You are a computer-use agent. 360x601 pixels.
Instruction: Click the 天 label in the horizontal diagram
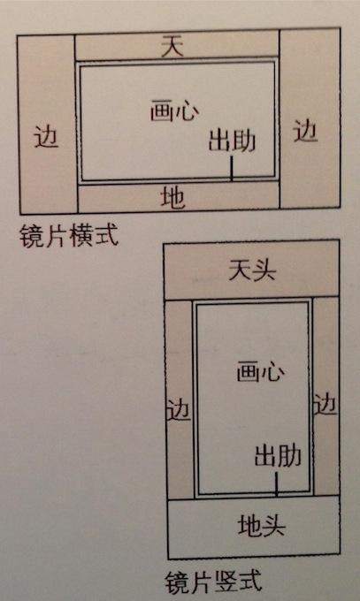tap(172, 46)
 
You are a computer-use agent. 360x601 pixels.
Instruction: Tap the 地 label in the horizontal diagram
tap(172, 197)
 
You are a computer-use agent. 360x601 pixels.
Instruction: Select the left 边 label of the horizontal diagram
tap(46, 136)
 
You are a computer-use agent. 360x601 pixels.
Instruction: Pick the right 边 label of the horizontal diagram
tap(305, 131)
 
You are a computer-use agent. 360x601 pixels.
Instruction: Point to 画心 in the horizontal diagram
tap(174, 110)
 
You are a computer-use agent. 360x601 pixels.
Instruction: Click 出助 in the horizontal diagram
tap(233, 141)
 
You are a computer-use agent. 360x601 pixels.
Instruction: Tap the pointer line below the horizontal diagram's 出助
tap(232, 168)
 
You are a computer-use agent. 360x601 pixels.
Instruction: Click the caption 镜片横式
tap(69, 235)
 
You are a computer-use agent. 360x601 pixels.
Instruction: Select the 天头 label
tap(252, 270)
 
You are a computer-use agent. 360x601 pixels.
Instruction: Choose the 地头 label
tap(261, 526)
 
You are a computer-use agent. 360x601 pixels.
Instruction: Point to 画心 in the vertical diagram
tap(261, 372)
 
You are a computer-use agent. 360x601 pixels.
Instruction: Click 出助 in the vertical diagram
tap(278, 456)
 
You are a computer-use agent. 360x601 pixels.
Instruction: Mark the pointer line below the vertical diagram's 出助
tap(276, 483)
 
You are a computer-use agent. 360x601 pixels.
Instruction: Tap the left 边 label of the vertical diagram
tap(179, 409)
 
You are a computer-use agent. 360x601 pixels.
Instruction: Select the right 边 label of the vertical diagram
tap(326, 404)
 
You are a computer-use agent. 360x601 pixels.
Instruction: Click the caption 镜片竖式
tap(213, 582)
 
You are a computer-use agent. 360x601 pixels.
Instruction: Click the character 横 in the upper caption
tap(81, 235)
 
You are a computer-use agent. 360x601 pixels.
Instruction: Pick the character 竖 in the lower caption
tap(226, 582)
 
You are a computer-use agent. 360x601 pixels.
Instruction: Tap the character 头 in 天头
tap(264, 270)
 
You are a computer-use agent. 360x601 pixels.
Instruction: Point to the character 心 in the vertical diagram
tap(273, 373)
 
